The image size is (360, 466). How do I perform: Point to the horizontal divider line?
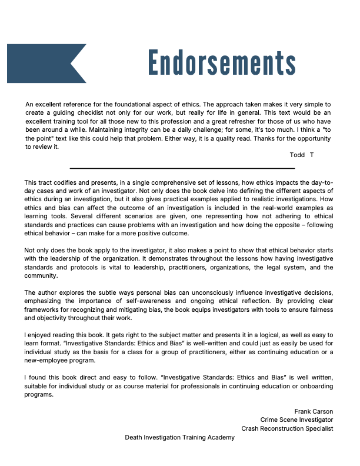click(182, 168)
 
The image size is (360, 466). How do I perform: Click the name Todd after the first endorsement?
click(297, 155)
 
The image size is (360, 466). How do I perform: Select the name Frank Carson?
click(314, 411)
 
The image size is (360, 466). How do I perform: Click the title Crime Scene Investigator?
click(296, 420)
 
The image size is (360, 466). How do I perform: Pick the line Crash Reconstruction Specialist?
click(287, 428)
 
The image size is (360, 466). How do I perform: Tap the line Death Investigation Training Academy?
click(179, 437)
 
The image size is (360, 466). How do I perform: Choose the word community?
click(41, 276)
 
